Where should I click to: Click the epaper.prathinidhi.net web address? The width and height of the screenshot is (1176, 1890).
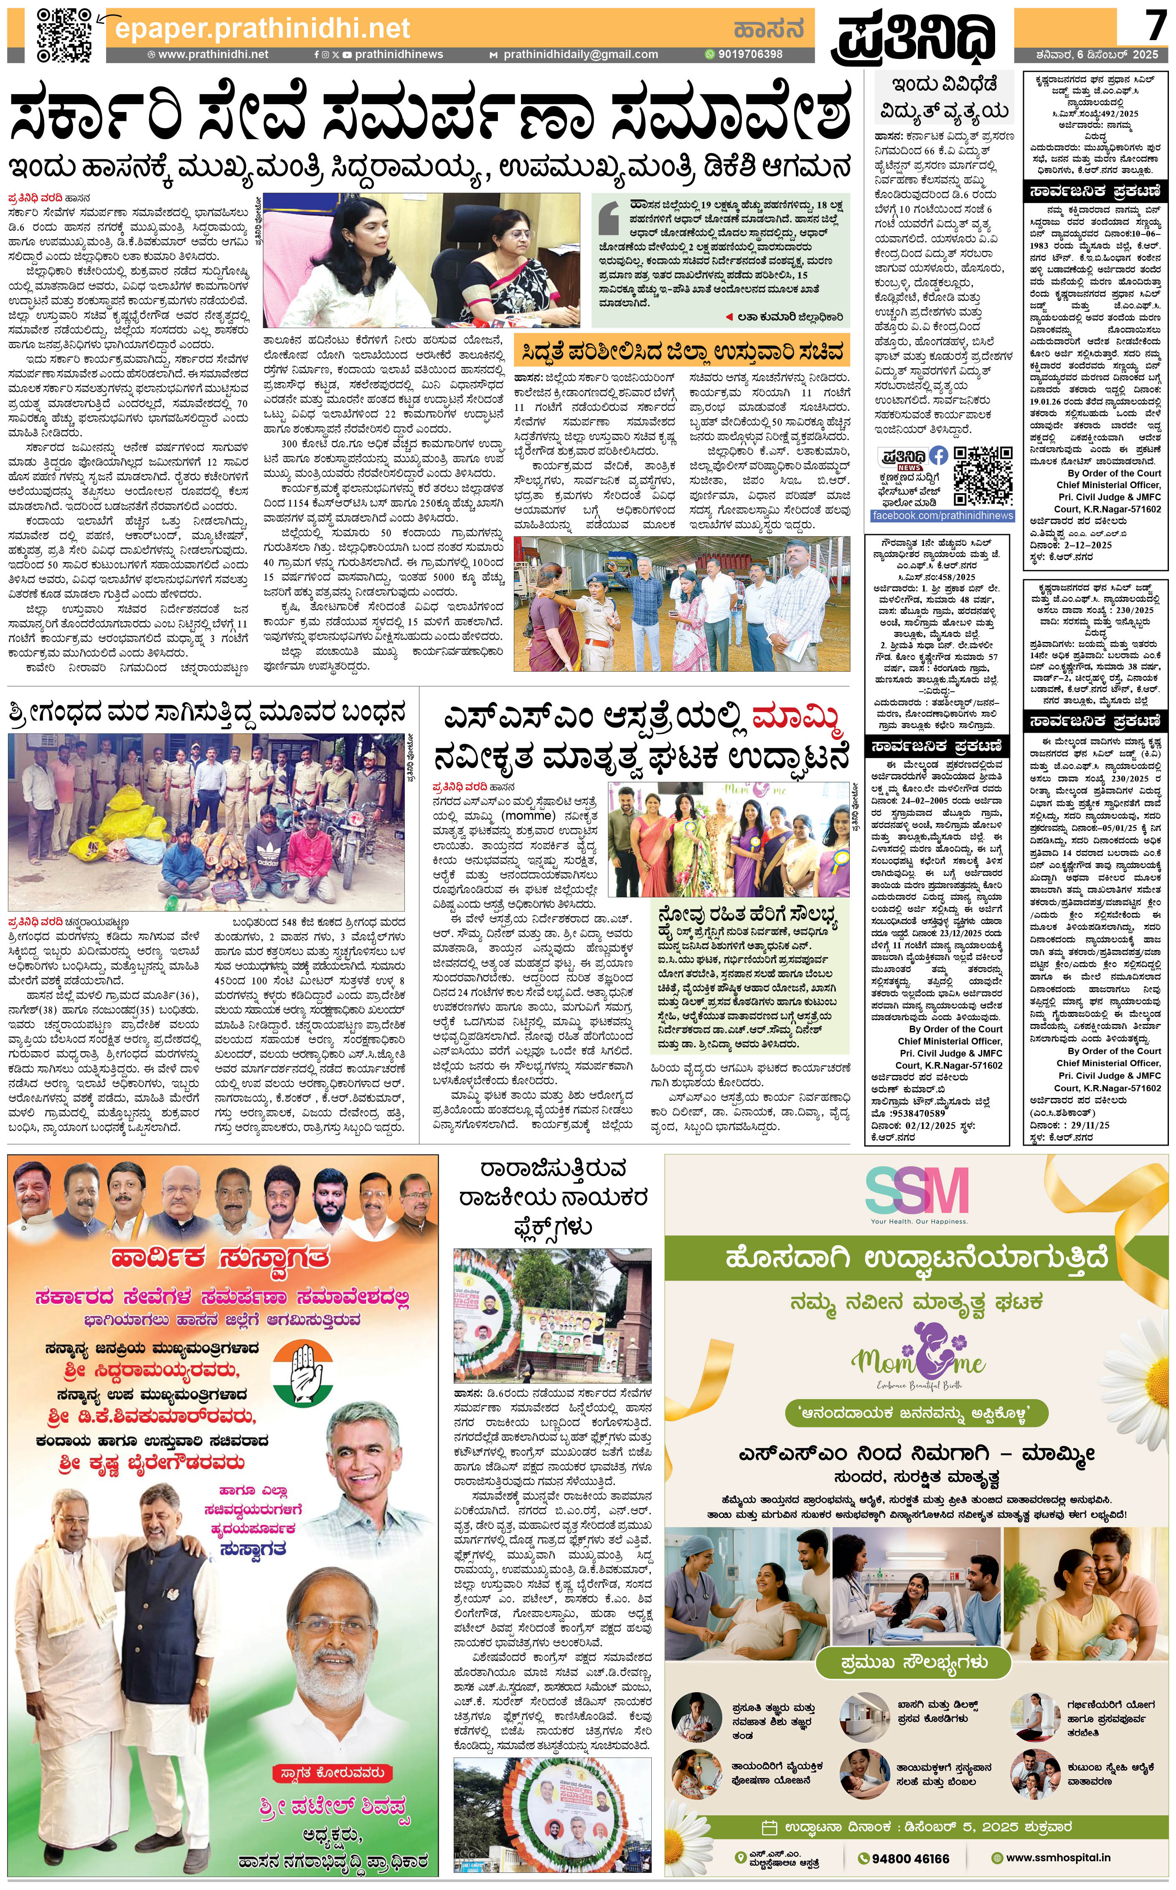(262, 29)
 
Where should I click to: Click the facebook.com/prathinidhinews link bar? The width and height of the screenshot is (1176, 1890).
(942, 516)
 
